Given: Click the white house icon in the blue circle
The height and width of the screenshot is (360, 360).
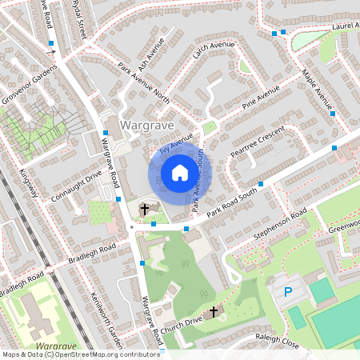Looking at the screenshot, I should point(180,173).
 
